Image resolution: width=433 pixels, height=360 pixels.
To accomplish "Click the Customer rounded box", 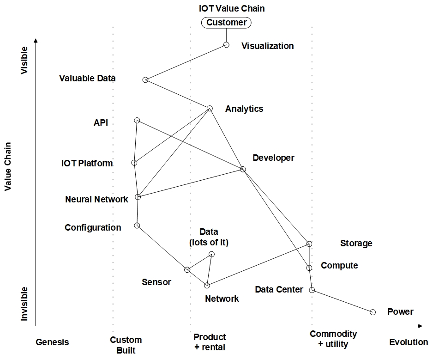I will [x=226, y=22].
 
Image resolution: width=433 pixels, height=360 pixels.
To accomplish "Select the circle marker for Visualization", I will [x=226, y=45].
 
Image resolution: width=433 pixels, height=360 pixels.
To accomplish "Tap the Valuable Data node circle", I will [x=145, y=80].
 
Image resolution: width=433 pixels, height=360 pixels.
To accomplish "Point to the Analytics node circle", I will [x=210, y=109].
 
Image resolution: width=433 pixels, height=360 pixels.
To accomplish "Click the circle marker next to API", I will [x=137, y=121].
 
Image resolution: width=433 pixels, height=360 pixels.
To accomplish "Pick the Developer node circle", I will [x=243, y=170].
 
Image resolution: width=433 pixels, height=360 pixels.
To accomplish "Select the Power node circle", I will [x=373, y=312].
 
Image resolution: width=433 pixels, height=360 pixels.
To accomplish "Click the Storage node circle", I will [x=310, y=244].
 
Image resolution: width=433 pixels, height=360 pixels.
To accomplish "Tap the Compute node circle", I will [x=310, y=268].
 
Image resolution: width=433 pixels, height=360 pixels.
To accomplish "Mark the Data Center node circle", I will [x=312, y=290].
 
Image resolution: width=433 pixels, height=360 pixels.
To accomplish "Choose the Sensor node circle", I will [x=187, y=270].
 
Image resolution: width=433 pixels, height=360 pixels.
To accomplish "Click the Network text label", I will [x=222, y=299].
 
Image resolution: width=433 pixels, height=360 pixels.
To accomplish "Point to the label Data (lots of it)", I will [x=209, y=237].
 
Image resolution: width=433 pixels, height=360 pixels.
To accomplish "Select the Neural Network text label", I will [x=96, y=200].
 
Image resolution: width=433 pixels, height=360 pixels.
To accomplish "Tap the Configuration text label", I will [x=93, y=227].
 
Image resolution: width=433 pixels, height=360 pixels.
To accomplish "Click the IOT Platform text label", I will [x=87, y=163].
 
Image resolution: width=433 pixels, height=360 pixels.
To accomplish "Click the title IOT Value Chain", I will [x=232, y=8].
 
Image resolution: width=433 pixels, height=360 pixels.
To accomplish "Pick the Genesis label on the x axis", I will [x=52, y=342].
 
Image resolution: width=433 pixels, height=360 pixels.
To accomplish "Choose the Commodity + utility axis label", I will [x=333, y=339].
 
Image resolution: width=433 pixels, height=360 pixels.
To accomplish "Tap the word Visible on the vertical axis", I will [x=24, y=60].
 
